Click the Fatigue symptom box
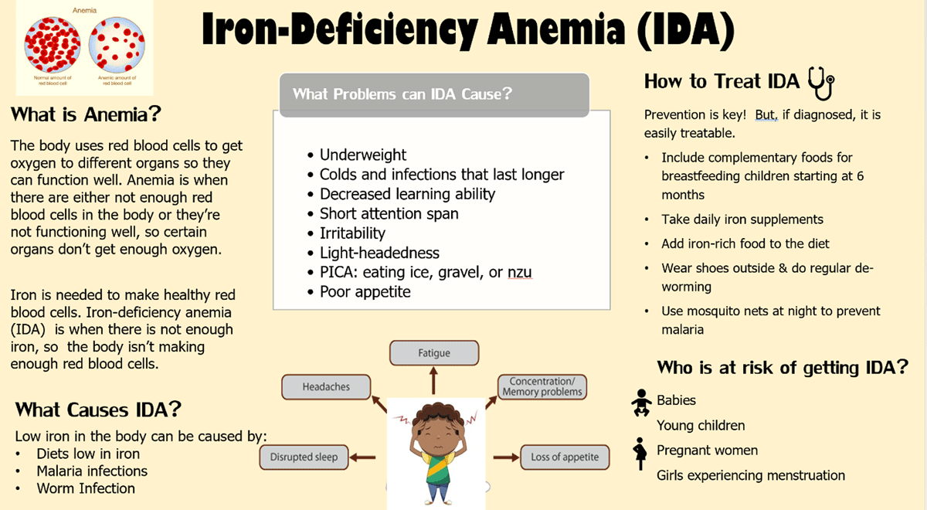[x=434, y=353]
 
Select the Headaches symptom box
[x=326, y=387]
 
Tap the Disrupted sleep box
[x=304, y=457]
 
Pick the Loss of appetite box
[x=565, y=457]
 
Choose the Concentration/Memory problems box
[x=542, y=386]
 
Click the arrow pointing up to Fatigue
[x=433, y=381]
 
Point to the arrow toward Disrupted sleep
[x=362, y=457]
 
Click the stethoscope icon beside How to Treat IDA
[x=821, y=83]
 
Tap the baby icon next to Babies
[x=641, y=403]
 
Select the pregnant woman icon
[x=640, y=454]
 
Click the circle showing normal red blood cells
[x=53, y=45]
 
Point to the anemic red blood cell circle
[x=117, y=45]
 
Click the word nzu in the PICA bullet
[x=519, y=272]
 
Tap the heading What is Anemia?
[x=86, y=114]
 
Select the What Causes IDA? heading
[x=98, y=410]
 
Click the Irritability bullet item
[x=352, y=233]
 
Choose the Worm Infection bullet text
[x=86, y=488]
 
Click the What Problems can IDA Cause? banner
[x=434, y=95]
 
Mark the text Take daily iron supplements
[x=742, y=219]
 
